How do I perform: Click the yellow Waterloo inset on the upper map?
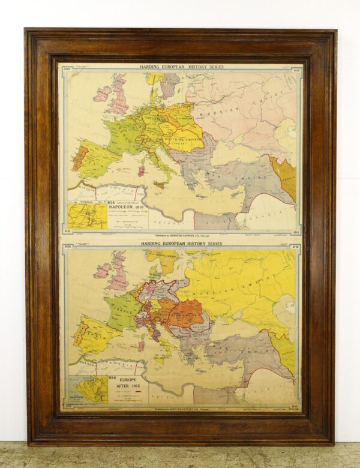pyautogui.click(x=88, y=215)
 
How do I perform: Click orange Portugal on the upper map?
pyautogui.click(x=79, y=158)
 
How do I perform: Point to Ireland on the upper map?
pyautogui.click(x=102, y=94)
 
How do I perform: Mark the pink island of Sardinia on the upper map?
pyautogui.click(x=142, y=171)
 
